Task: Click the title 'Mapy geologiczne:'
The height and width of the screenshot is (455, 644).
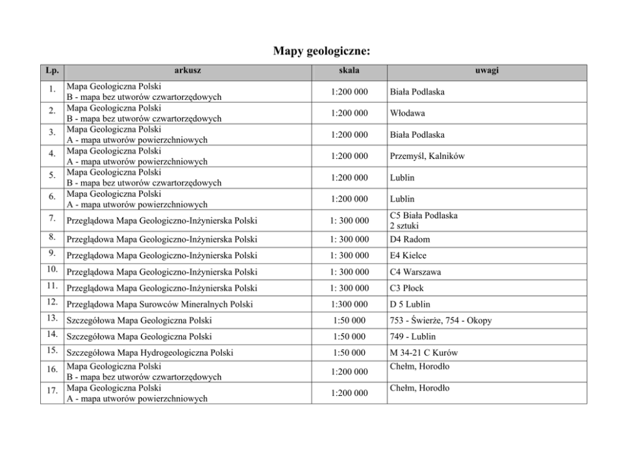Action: coord(321,51)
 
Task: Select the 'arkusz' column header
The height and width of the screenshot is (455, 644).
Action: coord(188,70)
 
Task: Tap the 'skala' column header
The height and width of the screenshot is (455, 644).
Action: coord(349,70)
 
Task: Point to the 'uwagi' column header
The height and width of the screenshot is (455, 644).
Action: coord(487,70)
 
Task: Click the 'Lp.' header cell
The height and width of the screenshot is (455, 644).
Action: coord(53,70)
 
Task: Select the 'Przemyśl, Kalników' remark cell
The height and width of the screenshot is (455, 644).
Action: coord(427,156)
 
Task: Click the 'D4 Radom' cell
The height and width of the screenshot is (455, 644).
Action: coord(410,240)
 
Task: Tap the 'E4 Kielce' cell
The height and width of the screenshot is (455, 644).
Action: coord(408,256)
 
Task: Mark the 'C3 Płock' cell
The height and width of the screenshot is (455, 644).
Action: coord(407,288)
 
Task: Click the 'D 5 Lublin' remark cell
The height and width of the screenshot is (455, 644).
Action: coord(410,304)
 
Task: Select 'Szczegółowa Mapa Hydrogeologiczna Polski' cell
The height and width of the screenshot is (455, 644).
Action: coord(149,353)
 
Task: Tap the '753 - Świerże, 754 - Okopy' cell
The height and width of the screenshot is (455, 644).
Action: coord(441,321)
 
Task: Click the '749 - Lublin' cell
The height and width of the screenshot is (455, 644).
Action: coord(413,337)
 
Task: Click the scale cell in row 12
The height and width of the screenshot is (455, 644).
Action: coord(349,304)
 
